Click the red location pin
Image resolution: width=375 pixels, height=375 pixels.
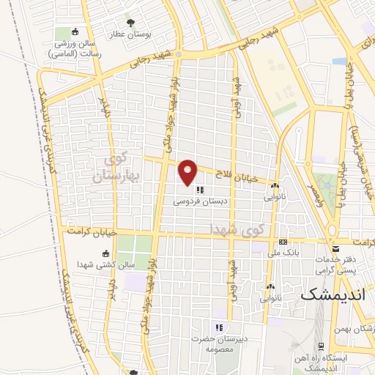(x=188, y=171)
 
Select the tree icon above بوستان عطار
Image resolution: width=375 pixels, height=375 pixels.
(x=132, y=23)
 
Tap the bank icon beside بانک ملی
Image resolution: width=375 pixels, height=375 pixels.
(x=283, y=243)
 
